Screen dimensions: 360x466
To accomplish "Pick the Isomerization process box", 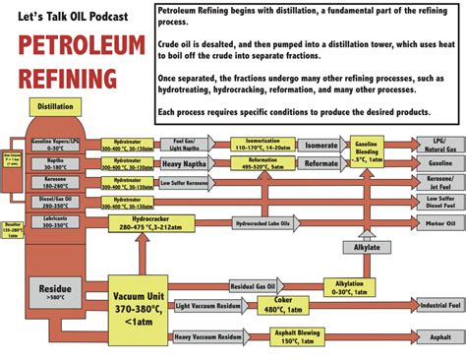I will pos(262,144).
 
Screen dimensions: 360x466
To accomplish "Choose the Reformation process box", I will pos(262,163).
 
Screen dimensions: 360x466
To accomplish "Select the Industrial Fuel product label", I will pos(439,307).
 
